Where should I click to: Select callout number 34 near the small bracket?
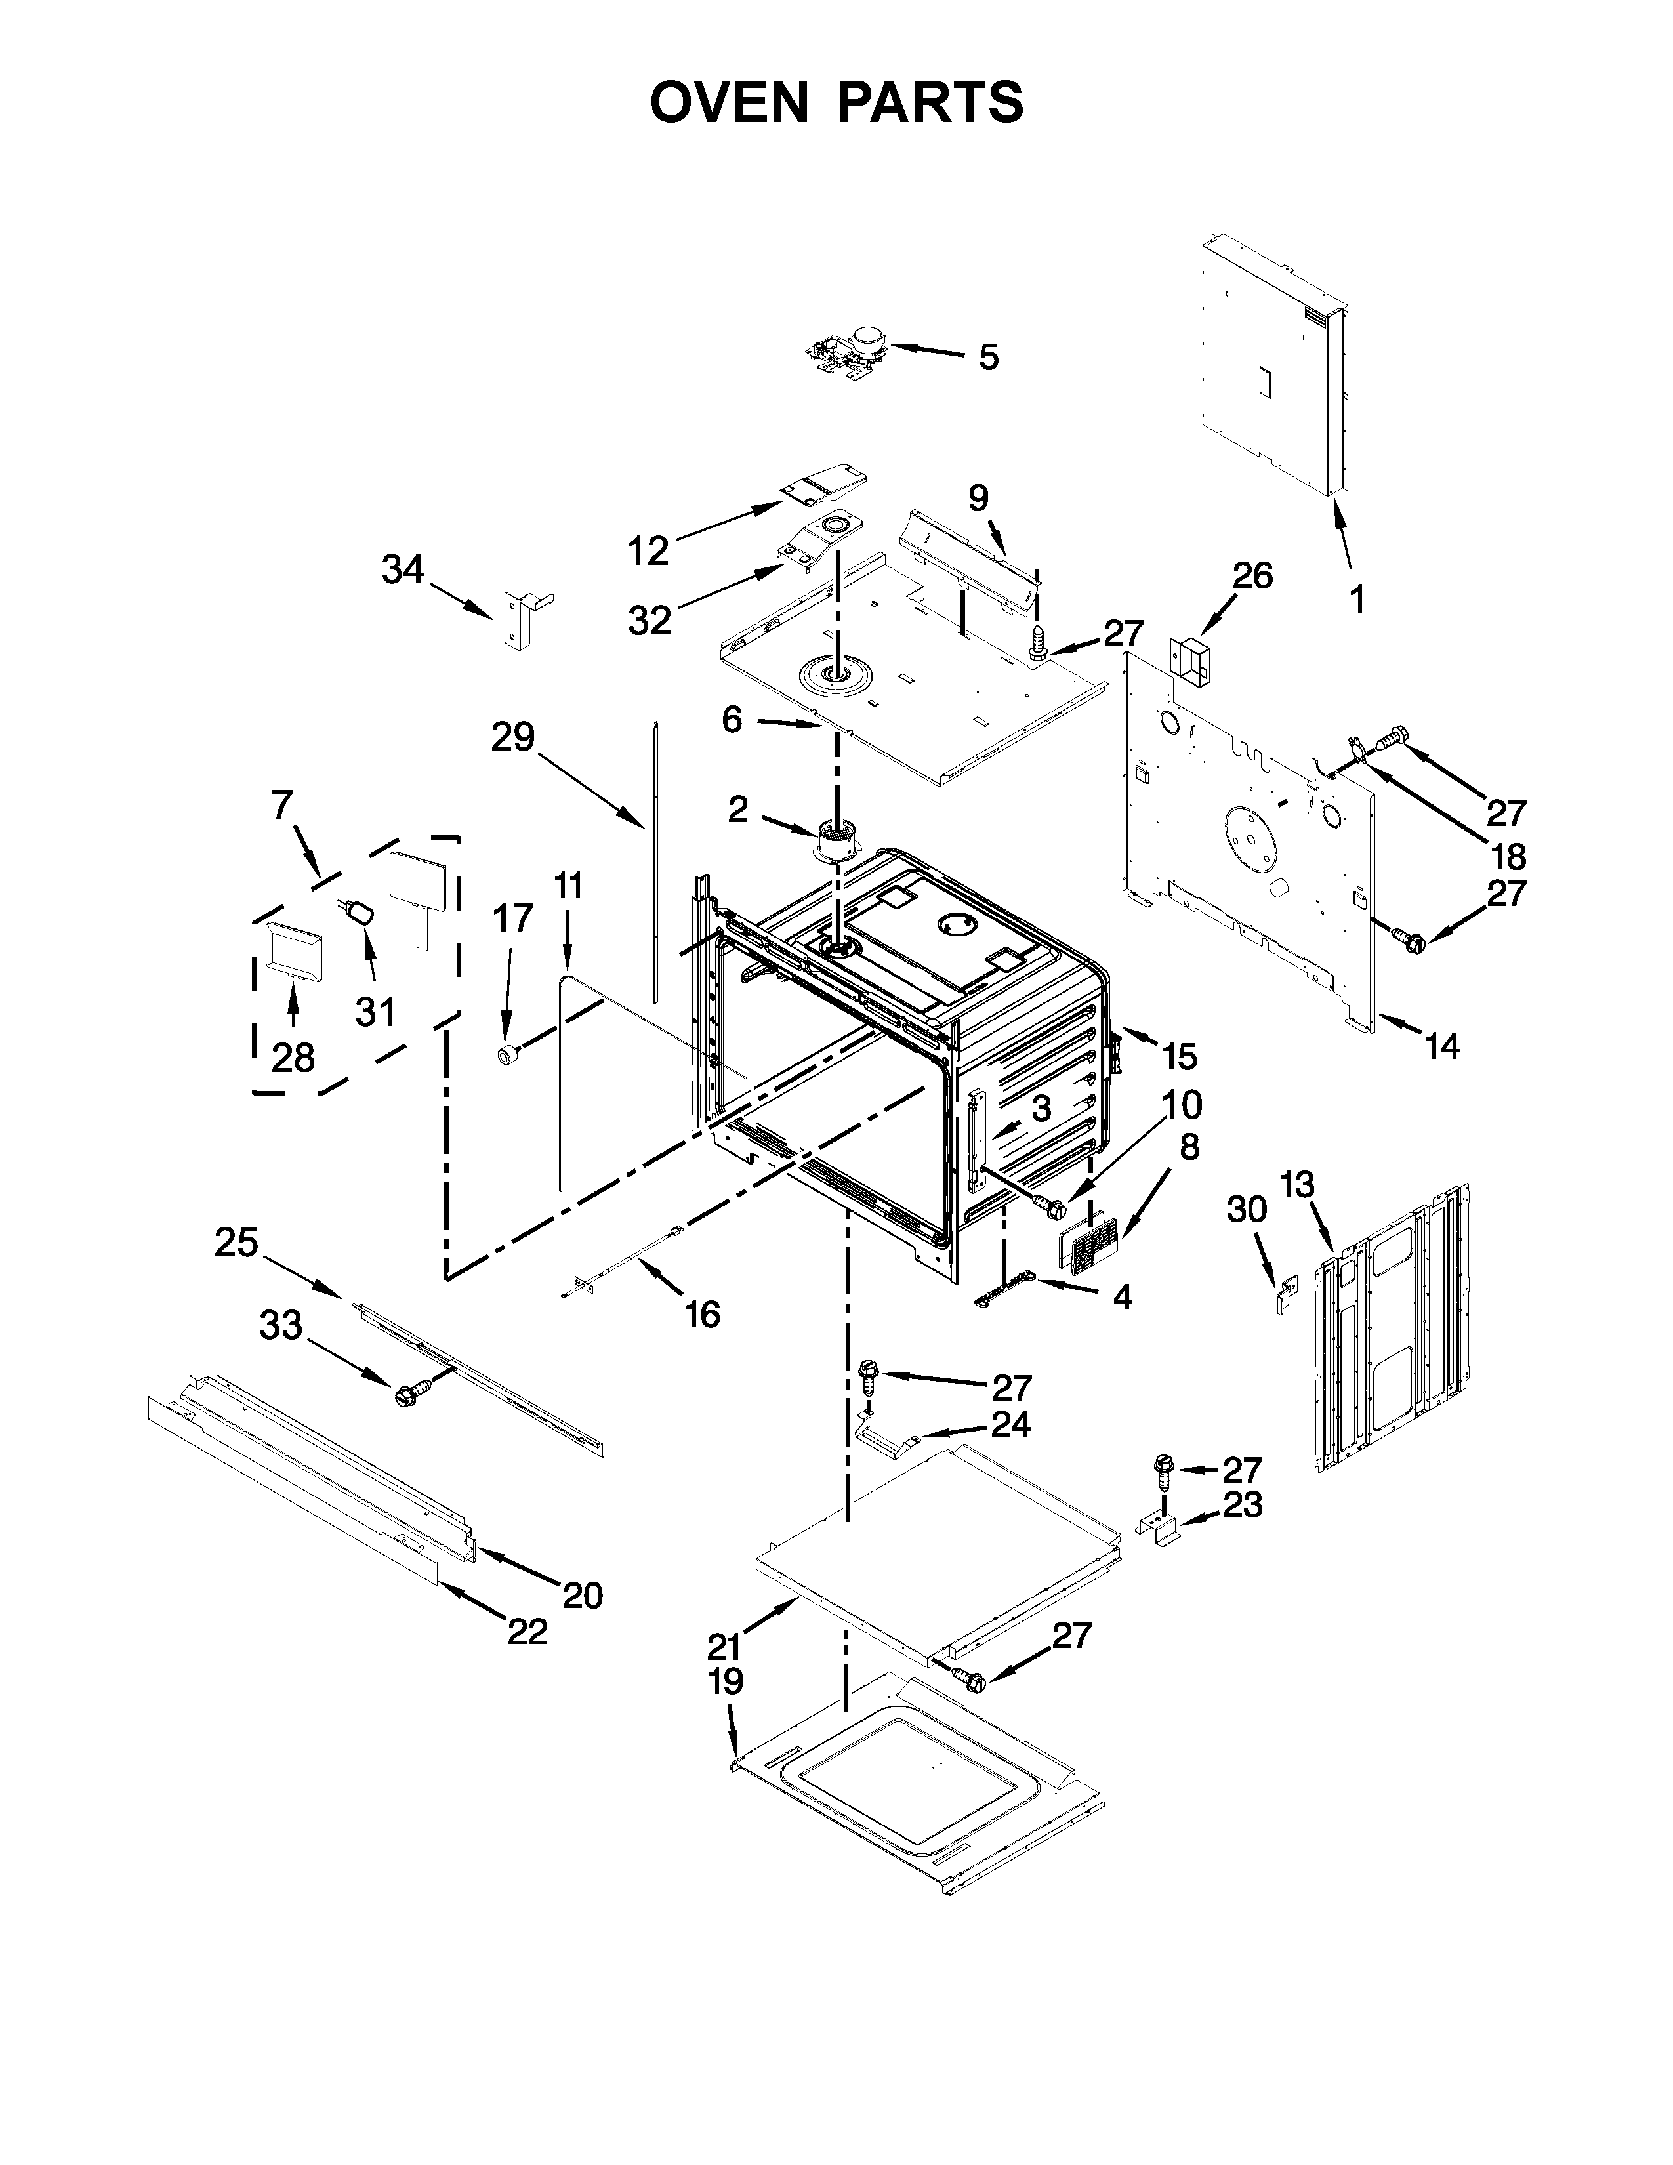click(x=402, y=570)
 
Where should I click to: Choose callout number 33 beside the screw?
click(x=281, y=1325)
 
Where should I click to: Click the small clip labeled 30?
click(x=1283, y=1294)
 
